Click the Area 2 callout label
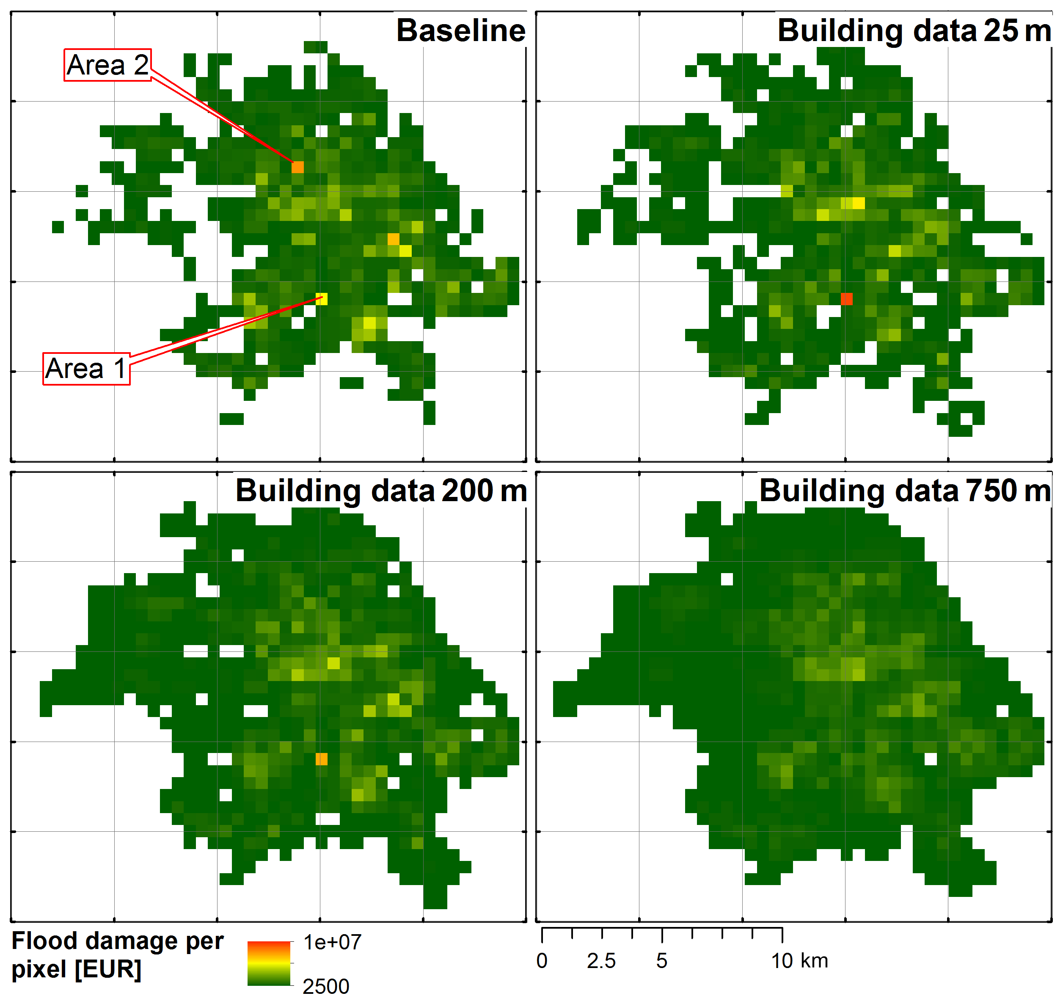click(107, 65)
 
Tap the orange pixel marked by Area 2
click(297, 167)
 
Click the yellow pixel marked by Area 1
click(322, 299)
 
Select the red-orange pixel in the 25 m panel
click(846, 299)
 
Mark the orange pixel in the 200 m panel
click(322, 759)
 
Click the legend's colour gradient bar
click(269, 963)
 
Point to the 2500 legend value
click(326, 986)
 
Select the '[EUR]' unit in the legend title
click(108, 969)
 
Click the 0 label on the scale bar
click(542, 961)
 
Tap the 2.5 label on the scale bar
click(601, 961)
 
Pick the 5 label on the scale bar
click(662, 961)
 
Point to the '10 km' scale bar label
click(799, 961)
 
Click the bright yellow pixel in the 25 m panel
click(858, 203)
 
